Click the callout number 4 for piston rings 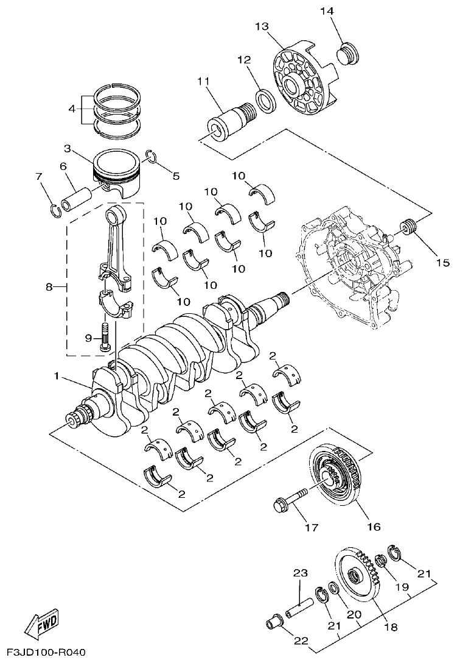coord(72,109)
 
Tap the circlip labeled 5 coord(153,158)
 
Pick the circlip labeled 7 coord(55,211)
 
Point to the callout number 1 coord(57,377)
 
